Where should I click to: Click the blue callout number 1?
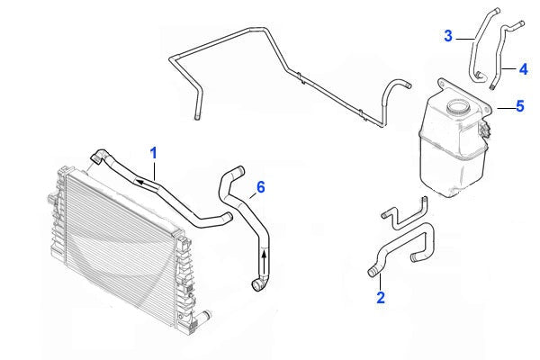(154, 154)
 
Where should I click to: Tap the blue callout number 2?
(381, 297)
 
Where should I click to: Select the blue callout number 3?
(448, 35)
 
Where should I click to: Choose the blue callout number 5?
(519, 107)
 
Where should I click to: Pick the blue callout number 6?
(260, 187)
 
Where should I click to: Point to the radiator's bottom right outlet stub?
(205, 316)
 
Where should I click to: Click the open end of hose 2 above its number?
(372, 269)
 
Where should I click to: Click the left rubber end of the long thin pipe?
(194, 112)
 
